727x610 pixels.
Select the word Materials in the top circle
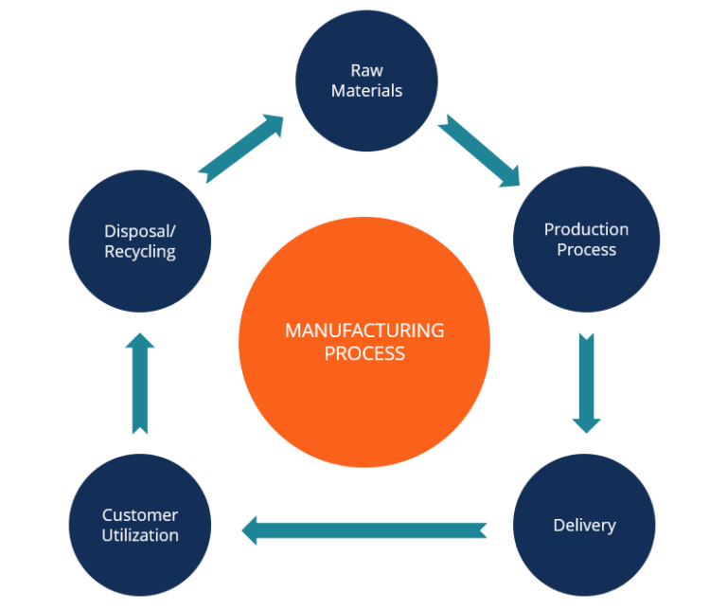[366, 91]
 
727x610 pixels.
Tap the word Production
[586, 229]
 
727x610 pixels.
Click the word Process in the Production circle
[586, 250]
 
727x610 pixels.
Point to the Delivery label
[584, 525]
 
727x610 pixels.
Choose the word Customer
[140, 515]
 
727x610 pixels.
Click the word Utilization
[140, 536]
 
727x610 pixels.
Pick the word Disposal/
[140, 231]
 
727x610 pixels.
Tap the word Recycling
[140, 252]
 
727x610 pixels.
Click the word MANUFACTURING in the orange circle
[364, 331]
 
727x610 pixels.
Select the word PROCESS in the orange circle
[364, 353]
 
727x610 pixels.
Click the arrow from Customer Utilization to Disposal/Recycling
[140, 383]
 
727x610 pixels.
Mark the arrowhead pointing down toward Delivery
[587, 421]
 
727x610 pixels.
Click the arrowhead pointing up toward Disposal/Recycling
[140, 343]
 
